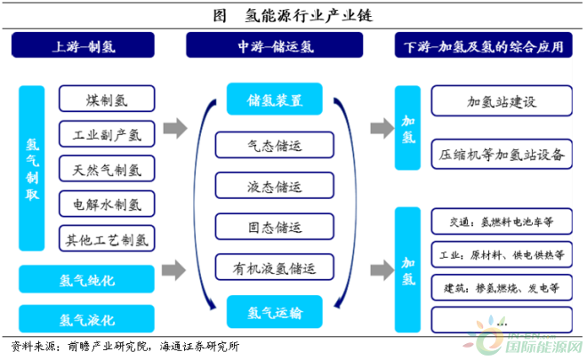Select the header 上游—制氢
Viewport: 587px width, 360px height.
coord(83,45)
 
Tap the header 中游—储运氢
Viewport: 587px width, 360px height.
coord(275,45)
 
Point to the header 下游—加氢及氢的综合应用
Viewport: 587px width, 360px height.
coord(483,45)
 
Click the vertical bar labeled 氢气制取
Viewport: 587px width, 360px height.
coord(32,168)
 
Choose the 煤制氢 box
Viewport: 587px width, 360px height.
coord(107,99)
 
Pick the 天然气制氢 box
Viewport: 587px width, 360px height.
coord(107,169)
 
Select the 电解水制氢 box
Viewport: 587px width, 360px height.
coord(107,204)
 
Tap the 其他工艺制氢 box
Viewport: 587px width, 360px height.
coord(107,238)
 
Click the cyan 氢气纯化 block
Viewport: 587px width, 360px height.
coord(86,279)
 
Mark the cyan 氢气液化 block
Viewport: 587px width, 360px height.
coord(86,319)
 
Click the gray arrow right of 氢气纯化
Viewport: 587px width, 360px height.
coord(174,270)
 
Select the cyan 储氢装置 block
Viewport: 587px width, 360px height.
coord(275,99)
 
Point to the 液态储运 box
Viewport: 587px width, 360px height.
coord(275,186)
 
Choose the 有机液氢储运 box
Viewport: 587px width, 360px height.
coord(275,268)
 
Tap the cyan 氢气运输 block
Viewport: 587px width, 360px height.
coord(275,312)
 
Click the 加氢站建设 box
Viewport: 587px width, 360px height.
coord(502,100)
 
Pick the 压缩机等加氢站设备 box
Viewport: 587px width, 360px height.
coord(502,154)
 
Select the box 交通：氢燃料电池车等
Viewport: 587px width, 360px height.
coord(502,221)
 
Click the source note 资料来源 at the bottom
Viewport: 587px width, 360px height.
coord(125,347)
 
